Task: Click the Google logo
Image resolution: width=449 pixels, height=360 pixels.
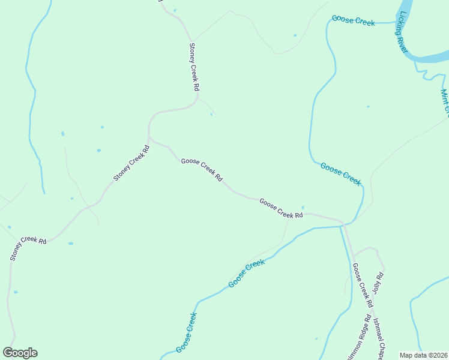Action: pos(20,353)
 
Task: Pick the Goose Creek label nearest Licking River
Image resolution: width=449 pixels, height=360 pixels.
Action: pos(353,21)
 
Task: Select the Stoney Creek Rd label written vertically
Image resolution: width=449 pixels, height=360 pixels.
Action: pos(194,67)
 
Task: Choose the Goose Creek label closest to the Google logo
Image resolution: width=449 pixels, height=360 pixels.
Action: pos(186,332)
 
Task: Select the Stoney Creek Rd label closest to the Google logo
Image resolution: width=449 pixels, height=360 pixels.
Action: pos(28,248)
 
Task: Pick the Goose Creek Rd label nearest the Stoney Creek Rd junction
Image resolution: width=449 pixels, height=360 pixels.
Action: pos(202,170)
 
